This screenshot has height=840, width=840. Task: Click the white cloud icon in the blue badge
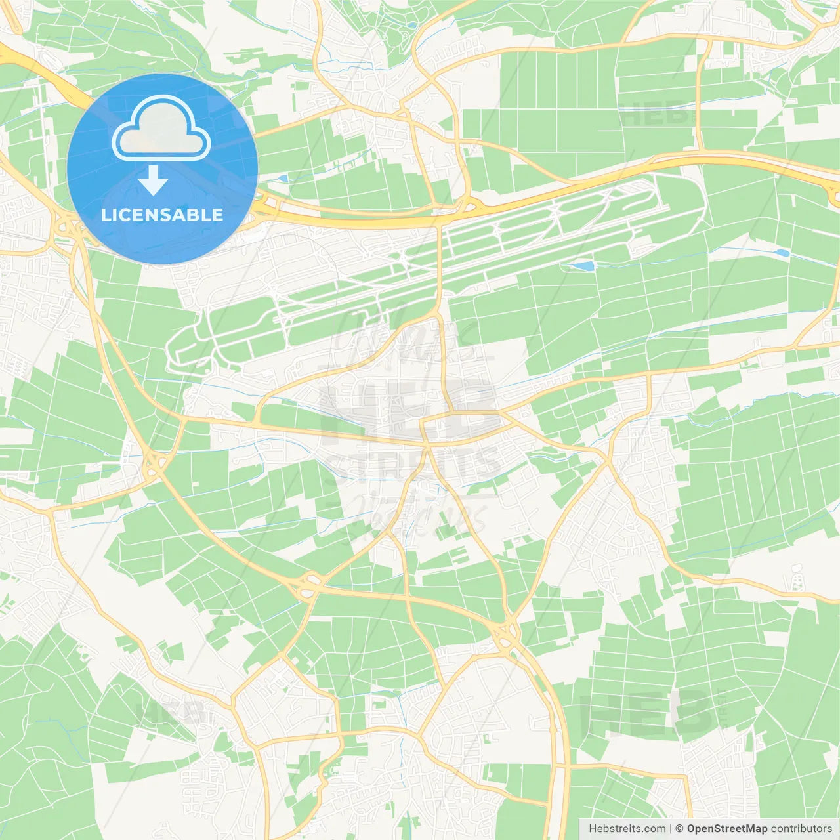pos(161,129)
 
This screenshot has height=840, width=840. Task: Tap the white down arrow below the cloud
pos(154,180)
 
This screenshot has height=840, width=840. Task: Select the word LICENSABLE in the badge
pos(162,215)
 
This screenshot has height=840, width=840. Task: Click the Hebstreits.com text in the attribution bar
pos(627,829)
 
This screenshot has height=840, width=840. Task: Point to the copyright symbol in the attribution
pos(679,829)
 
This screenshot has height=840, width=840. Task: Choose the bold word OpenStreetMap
pos(726,829)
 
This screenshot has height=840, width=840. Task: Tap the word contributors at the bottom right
pos(801,829)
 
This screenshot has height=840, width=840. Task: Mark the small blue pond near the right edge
pos(782,253)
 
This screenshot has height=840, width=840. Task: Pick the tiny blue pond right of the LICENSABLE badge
pos(282,178)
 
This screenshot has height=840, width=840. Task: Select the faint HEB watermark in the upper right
pos(656,115)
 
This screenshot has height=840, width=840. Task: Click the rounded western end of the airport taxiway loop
pos(176,348)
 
